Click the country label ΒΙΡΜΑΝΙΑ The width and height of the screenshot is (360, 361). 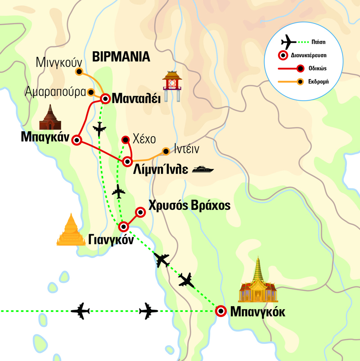tap(121, 57)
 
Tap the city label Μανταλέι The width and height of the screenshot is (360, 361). tap(135, 98)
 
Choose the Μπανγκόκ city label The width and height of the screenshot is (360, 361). tap(257, 312)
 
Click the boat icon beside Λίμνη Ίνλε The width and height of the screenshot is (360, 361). tap(203, 169)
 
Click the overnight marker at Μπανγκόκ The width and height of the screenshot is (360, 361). tap(220, 312)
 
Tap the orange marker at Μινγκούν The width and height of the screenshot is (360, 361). tap(79, 71)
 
